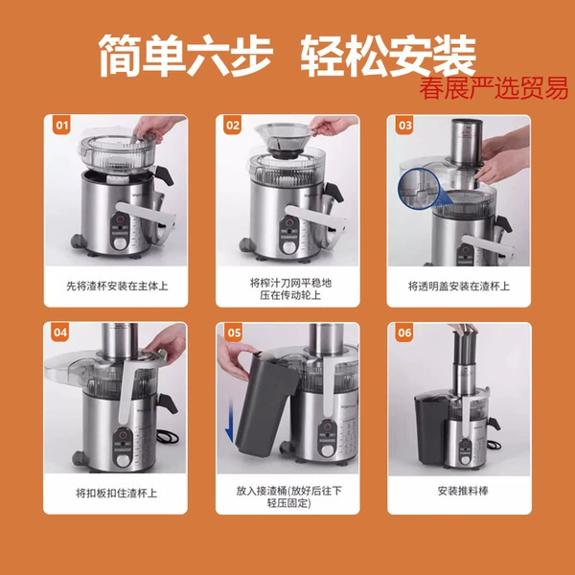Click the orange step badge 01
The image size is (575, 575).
[x=61, y=126]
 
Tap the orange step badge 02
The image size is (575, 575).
[x=233, y=126]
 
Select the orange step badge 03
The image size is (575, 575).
[x=404, y=126]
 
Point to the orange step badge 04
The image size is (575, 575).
[x=60, y=333]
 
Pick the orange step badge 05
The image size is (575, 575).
[x=235, y=333]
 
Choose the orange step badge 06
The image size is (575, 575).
[x=404, y=333]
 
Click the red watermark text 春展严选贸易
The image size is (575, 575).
[x=494, y=88]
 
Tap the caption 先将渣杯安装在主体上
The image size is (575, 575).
[x=117, y=286]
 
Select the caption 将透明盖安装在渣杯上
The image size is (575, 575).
[x=459, y=286]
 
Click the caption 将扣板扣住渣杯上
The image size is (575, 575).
[x=116, y=493]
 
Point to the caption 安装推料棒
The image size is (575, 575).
[x=463, y=491]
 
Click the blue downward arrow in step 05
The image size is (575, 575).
[x=229, y=421]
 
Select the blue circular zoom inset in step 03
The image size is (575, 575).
[x=421, y=190]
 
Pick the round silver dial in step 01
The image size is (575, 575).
[x=120, y=243]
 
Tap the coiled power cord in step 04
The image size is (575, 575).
[x=167, y=436]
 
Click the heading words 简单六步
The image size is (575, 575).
[x=186, y=56]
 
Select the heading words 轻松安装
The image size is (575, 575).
[x=388, y=56]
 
